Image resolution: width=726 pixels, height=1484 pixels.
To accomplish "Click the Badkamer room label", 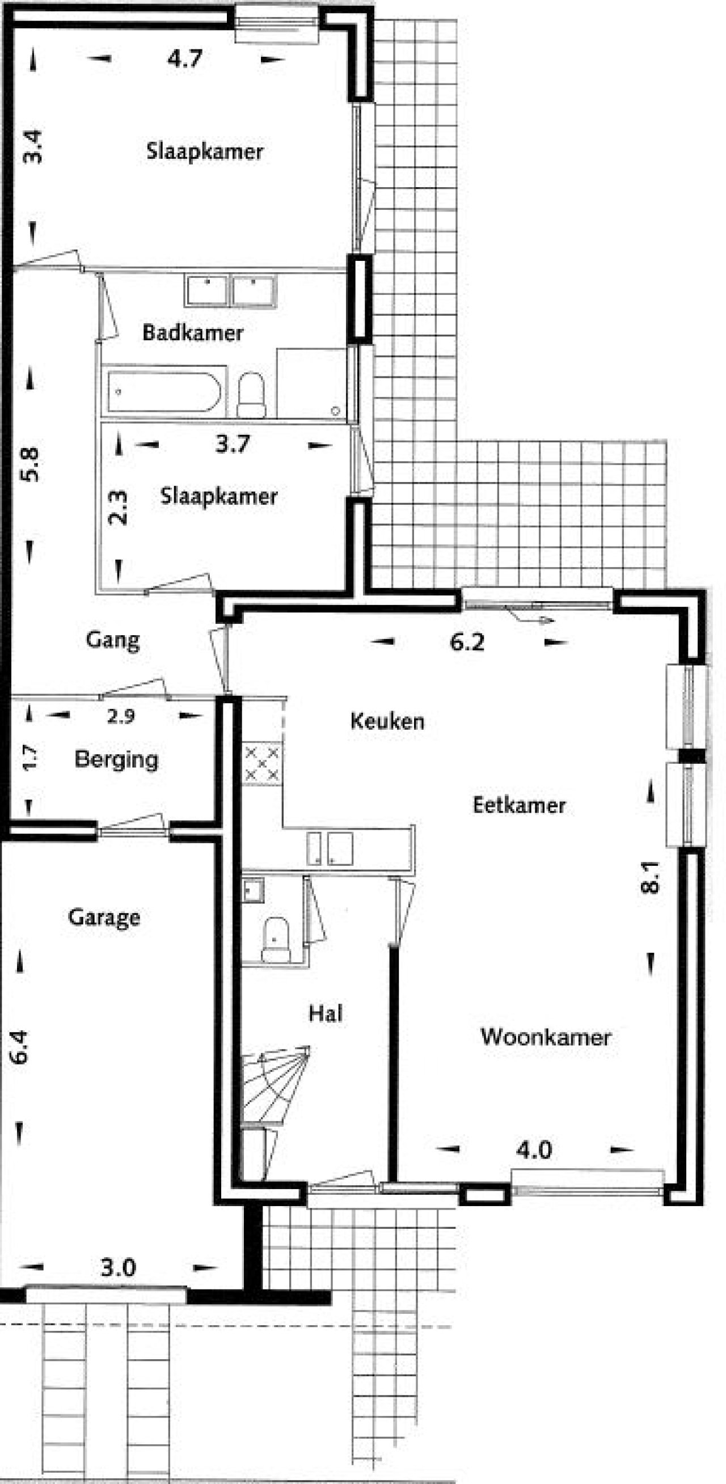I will tap(193, 332).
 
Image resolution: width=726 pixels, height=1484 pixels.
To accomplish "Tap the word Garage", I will tap(104, 917).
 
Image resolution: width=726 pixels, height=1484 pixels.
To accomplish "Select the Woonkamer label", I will tap(545, 1037).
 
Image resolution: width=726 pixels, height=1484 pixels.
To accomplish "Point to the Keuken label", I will tap(387, 721).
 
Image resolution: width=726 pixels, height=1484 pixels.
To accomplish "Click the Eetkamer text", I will tap(519, 805).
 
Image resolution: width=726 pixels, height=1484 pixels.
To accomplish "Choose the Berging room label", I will tap(116, 759).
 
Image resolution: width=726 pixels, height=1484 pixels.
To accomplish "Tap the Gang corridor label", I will tap(113, 640).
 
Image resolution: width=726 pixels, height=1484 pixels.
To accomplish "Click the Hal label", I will tap(326, 1013).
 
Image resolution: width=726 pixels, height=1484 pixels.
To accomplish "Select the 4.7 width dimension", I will tap(185, 59).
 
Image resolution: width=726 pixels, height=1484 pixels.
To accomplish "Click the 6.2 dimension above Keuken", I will tap(467, 642).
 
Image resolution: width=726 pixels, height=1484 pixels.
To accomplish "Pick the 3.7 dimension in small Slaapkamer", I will tap(233, 444).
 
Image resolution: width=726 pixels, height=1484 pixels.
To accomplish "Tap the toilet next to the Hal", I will tap(275, 940).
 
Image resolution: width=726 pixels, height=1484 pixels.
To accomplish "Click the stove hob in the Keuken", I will tap(262, 764).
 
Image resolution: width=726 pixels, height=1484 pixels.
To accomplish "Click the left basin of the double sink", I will tap(207, 290).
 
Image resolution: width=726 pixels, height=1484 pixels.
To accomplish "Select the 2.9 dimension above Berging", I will tap(121, 716).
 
